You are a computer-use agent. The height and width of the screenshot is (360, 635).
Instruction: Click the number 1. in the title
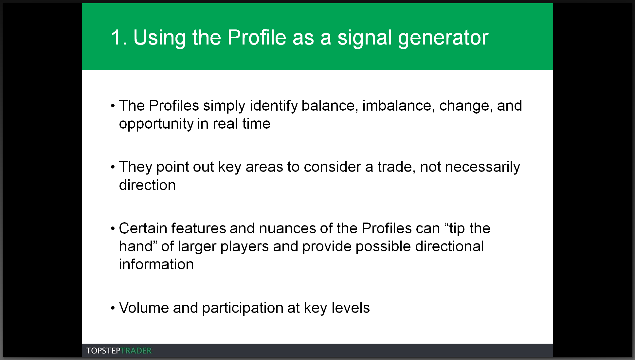119,37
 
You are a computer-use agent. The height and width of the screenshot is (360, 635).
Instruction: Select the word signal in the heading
365,38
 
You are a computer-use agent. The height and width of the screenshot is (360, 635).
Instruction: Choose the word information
156,264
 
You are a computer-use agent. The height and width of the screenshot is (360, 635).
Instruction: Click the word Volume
144,308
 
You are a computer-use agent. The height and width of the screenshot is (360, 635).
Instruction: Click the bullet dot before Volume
113,308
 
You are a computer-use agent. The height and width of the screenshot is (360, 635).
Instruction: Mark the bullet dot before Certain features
113,229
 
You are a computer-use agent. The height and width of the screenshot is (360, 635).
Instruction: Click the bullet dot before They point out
113,167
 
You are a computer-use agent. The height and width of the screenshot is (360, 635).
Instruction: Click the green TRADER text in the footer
136,351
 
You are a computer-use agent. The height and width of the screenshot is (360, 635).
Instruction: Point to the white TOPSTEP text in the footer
103,351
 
